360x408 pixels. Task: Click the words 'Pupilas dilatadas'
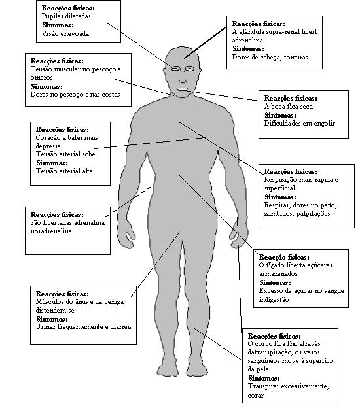point(66,16)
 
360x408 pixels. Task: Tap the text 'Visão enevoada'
point(65,33)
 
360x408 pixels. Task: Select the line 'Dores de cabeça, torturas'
point(270,58)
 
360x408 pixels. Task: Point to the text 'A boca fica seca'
point(289,106)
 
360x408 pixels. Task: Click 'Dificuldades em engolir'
point(300,124)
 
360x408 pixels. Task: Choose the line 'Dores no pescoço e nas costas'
point(75,95)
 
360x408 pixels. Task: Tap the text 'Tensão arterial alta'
point(64,171)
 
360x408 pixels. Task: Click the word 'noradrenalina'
point(51,231)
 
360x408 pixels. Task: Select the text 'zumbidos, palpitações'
point(297,214)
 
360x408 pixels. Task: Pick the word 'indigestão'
point(274,299)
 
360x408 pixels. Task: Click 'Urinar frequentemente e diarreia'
point(83,326)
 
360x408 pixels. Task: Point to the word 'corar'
point(255,396)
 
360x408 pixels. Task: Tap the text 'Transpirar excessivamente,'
point(289,386)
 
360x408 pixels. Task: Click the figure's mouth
point(183,89)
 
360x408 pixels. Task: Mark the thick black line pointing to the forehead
point(206,42)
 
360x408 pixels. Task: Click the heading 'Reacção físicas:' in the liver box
point(284,258)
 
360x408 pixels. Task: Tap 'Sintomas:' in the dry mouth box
point(280,115)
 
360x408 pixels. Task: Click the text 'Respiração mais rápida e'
point(301,180)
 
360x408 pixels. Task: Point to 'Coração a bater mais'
point(67,138)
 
